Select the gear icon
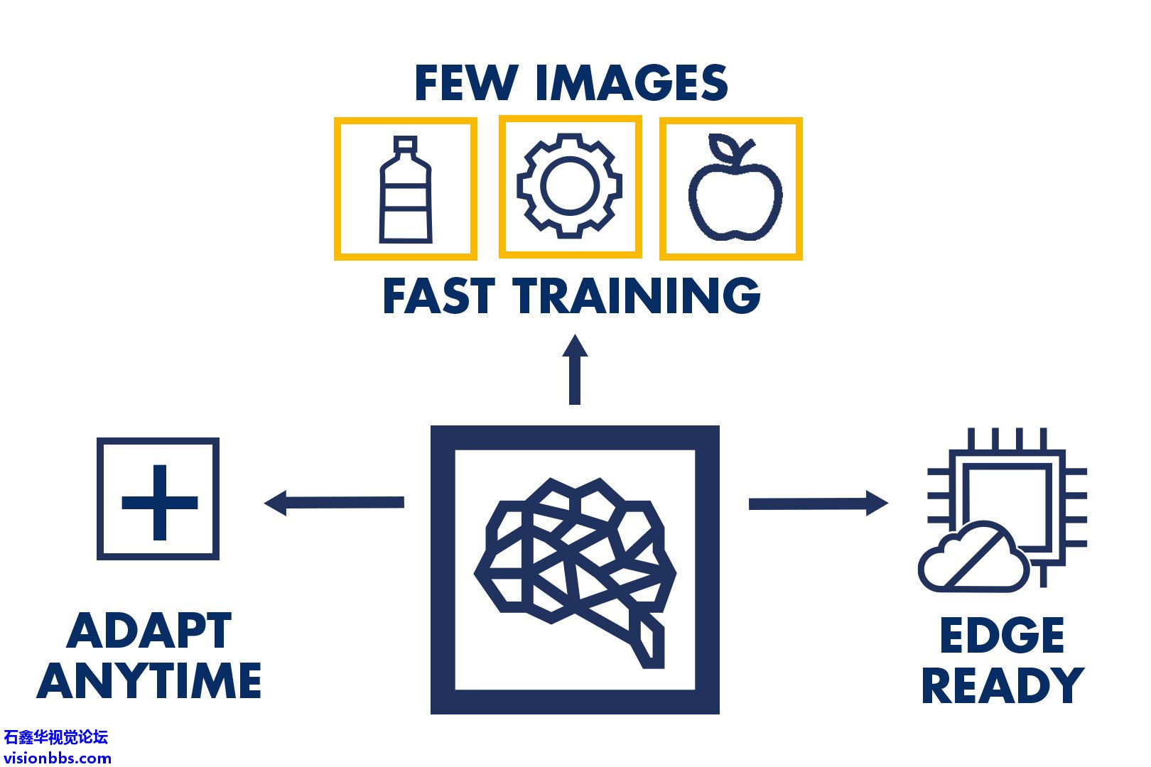[570, 185]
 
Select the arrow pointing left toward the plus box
[334, 503]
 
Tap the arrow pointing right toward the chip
[818, 503]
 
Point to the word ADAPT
[149, 630]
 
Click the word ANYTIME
[149, 680]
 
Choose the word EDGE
[1002, 635]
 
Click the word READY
[1002, 685]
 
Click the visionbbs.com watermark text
[57, 757]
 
